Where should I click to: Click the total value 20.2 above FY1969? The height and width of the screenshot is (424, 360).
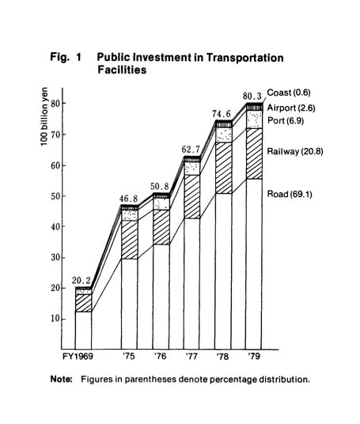[x=81, y=281]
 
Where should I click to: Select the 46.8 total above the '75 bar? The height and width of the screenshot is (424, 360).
[x=129, y=199]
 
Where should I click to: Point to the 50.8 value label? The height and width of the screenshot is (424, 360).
[x=160, y=187]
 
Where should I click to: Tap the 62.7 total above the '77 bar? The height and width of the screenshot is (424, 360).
[x=191, y=150]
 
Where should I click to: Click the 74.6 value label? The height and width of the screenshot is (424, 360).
[x=222, y=114]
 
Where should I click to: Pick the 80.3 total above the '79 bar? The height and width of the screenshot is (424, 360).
[x=252, y=96]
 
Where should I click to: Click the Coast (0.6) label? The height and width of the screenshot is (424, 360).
[x=289, y=93]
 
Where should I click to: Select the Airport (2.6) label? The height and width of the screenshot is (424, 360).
[x=291, y=108]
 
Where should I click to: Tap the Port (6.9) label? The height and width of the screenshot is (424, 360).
[x=286, y=120]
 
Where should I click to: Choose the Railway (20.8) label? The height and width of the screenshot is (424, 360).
[x=295, y=151]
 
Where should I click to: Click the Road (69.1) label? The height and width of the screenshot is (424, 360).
[x=290, y=194]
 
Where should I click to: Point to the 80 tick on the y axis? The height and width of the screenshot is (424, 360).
[x=55, y=104]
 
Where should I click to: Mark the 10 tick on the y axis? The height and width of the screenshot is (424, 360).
[x=55, y=319]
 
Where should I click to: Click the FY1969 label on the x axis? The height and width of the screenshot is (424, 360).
[x=78, y=357]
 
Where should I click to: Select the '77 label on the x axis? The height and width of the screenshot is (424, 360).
[x=191, y=357]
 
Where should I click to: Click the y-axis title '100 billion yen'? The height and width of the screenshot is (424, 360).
[x=44, y=116]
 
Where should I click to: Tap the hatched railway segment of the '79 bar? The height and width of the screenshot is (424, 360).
[x=254, y=153]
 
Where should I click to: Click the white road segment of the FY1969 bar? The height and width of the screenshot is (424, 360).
[x=83, y=331]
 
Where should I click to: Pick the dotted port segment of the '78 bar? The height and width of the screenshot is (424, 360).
[x=223, y=135]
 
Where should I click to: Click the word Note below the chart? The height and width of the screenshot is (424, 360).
[x=62, y=379]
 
